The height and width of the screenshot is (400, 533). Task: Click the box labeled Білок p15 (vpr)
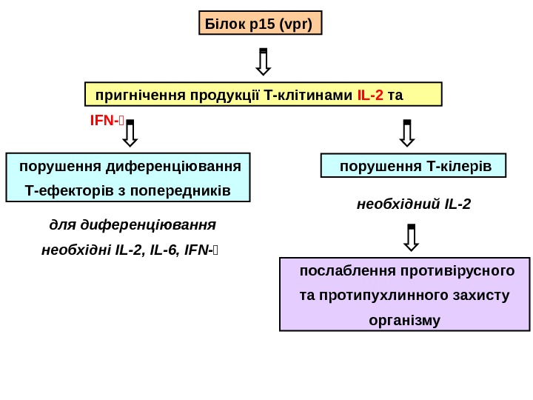click(x=261, y=23)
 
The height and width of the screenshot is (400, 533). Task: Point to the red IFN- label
click(x=102, y=119)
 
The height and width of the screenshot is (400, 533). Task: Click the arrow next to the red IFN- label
click(x=130, y=133)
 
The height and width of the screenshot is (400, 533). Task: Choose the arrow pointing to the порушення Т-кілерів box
click(x=406, y=133)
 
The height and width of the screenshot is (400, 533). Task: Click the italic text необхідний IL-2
click(x=413, y=203)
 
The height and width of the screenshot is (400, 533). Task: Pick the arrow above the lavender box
click(x=412, y=237)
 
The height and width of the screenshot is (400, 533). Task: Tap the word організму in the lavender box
click(x=404, y=321)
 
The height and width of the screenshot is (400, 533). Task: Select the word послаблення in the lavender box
click(x=338, y=270)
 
